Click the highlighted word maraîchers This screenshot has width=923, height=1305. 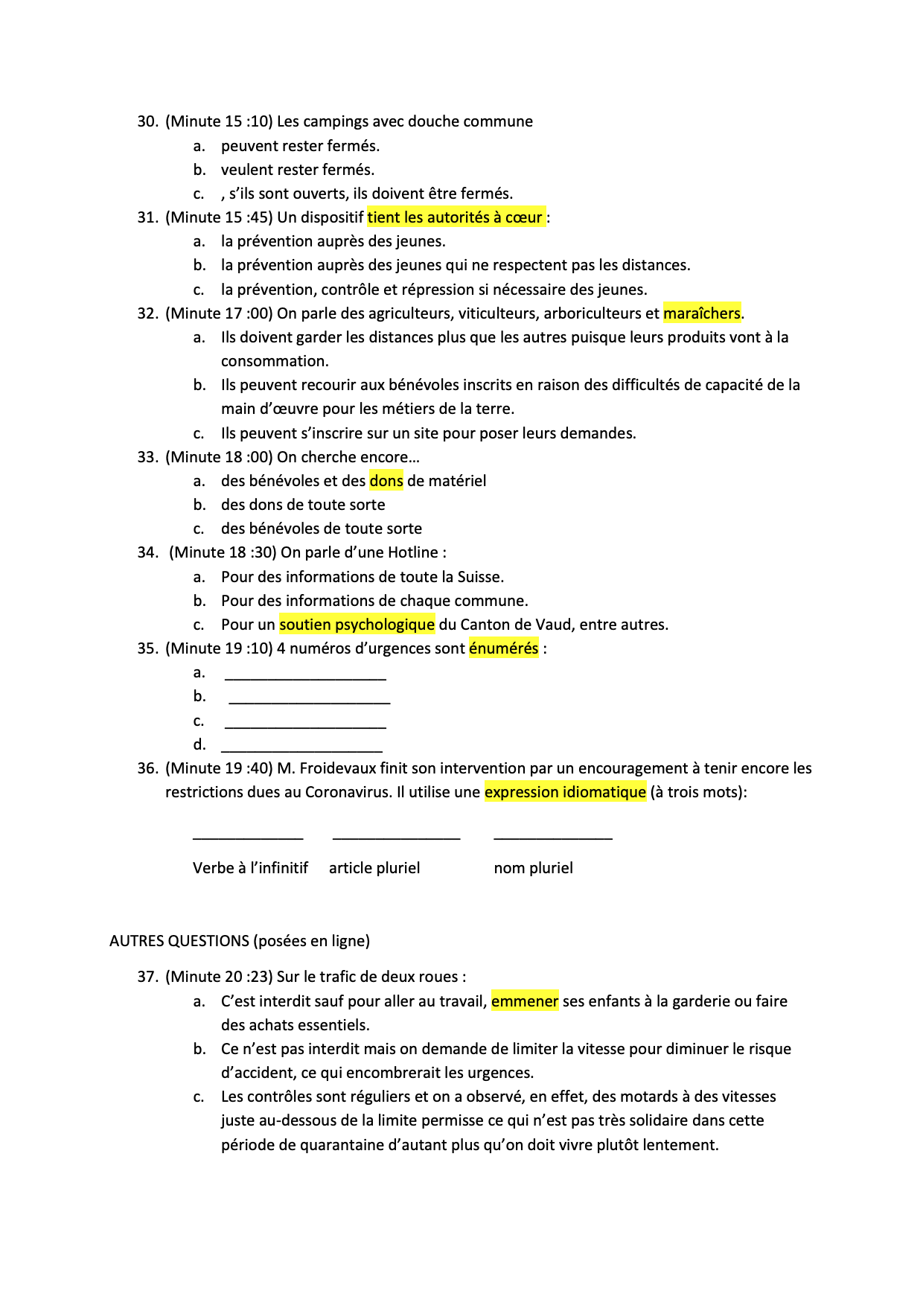point(702,313)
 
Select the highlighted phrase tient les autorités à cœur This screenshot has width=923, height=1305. point(456,217)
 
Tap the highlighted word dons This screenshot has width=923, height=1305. point(386,481)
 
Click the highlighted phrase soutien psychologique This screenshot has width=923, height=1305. point(357,625)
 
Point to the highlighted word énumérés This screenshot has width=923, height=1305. point(503,648)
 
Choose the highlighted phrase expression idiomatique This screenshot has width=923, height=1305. point(565,792)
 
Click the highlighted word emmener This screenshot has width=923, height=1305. point(525,1001)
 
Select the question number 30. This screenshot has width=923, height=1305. point(147,121)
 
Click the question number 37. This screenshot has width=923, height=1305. point(147,977)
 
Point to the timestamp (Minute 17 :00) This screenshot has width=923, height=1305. point(219,313)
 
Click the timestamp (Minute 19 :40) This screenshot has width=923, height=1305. point(219,768)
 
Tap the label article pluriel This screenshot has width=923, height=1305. point(374,868)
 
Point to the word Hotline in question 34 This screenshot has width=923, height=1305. point(412,552)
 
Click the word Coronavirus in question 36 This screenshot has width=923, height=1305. point(347,792)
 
